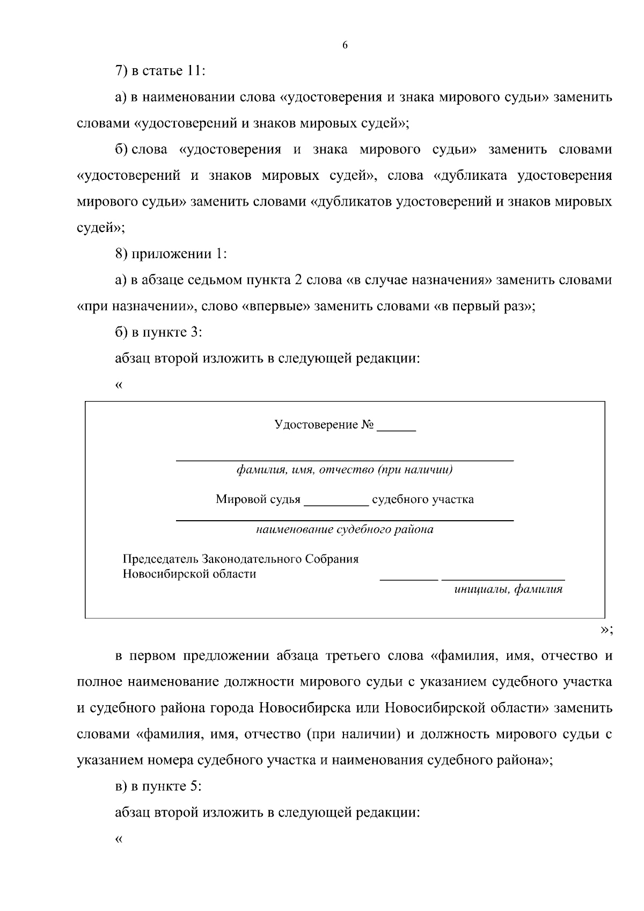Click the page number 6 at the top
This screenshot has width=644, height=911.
coord(345,46)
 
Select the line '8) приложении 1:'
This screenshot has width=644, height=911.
coord(171,254)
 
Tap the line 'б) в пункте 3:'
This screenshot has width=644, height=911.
coord(158,332)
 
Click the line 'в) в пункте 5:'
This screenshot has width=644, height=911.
coord(158,786)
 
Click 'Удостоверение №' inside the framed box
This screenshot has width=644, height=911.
coord(324,425)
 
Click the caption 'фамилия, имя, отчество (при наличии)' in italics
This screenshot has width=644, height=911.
coord(345,470)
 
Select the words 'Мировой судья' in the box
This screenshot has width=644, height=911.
coord(258,500)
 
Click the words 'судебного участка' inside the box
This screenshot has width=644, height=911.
coord(423,500)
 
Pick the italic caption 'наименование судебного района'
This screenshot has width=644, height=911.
coord(345,530)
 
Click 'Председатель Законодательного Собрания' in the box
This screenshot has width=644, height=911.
coord(241,559)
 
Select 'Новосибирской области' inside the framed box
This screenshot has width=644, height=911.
coord(189,574)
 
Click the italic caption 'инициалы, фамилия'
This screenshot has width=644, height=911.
coord(508,589)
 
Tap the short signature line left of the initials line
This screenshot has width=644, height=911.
coord(409,579)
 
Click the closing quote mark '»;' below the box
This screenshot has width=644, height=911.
coord(606,630)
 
